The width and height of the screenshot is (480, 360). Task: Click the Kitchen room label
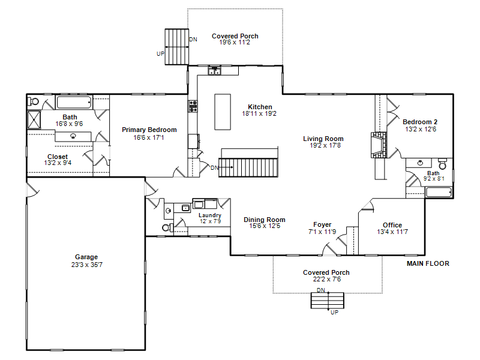tap(260, 107)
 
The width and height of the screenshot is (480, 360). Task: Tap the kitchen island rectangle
tap(223, 112)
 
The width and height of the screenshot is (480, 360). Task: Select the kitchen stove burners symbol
tap(193, 106)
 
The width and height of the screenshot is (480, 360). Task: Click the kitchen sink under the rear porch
tap(214, 71)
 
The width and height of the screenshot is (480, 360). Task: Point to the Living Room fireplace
tap(379, 145)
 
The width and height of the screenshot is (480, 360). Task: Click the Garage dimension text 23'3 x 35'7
tap(87, 265)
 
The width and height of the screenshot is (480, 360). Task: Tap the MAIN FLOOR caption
tap(428, 263)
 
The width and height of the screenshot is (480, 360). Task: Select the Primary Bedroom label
tap(149, 130)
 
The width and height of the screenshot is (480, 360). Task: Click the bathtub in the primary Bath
tap(74, 102)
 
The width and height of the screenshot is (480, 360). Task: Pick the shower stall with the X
tap(34, 119)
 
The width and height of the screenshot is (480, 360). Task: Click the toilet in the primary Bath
tap(33, 101)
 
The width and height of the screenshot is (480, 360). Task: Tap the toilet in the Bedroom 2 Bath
tap(442, 164)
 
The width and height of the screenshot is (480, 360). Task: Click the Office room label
tap(392, 225)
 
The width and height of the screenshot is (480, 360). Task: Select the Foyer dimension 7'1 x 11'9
tap(322, 232)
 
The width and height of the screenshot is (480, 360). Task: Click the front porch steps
tap(328, 301)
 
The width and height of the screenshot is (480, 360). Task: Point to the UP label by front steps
tap(334, 312)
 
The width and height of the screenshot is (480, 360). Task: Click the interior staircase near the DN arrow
tap(248, 167)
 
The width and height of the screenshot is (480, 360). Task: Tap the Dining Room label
tap(265, 220)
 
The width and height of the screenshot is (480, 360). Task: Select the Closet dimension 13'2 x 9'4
tap(58, 163)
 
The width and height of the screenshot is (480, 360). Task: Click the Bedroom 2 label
tap(420, 122)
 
